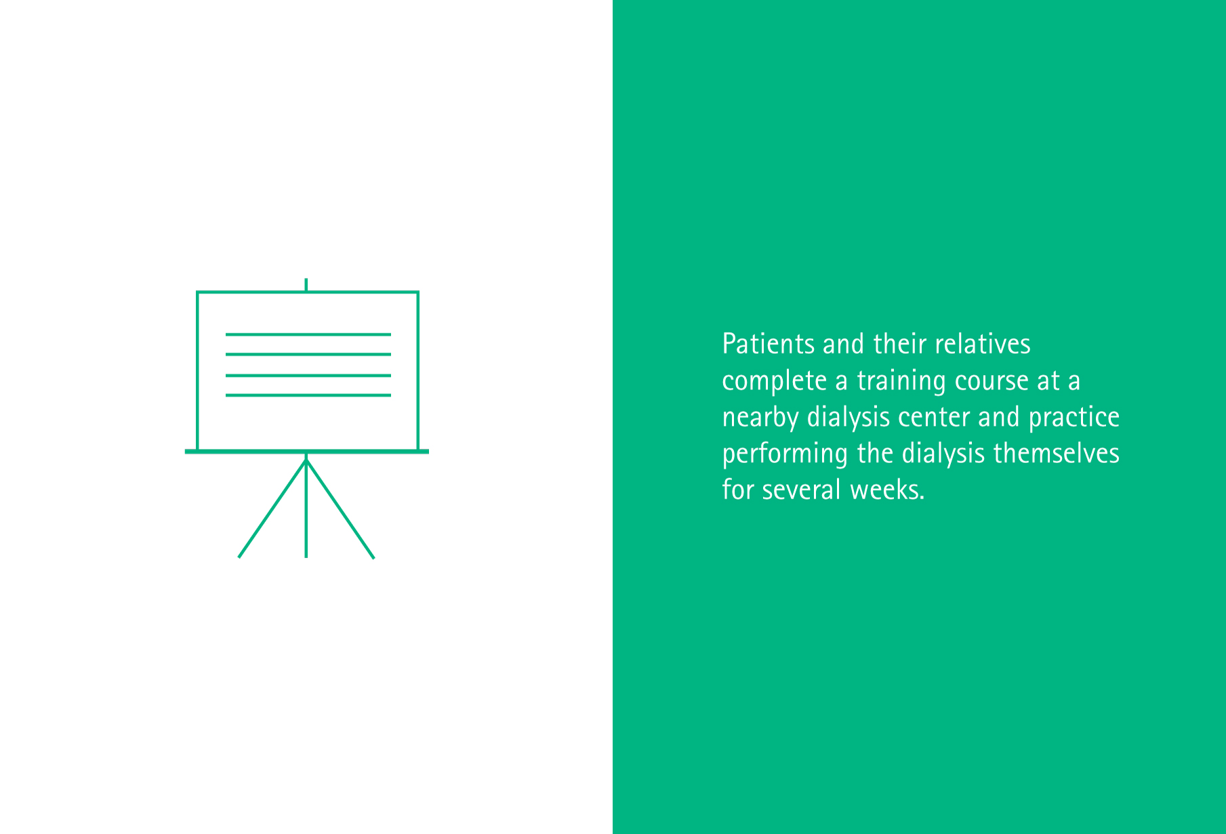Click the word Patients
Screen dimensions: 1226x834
click(x=769, y=344)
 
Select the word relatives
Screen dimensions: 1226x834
click(x=983, y=344)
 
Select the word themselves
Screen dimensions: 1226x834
click(x=1057, y=454)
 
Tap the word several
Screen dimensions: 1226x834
click(x=802, y=490)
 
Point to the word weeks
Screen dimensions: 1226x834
click(x=887, y=490)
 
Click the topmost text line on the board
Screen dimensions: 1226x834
click(x=308, y=334)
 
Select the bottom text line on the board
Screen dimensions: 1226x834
click(x=308, y=395)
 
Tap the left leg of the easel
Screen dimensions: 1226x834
click(x=272, y=509)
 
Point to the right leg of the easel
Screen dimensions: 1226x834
click(x=340, y=509)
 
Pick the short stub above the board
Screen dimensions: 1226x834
click(x=306, y=285)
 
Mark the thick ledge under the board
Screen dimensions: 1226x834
click(x=307, y=451)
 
